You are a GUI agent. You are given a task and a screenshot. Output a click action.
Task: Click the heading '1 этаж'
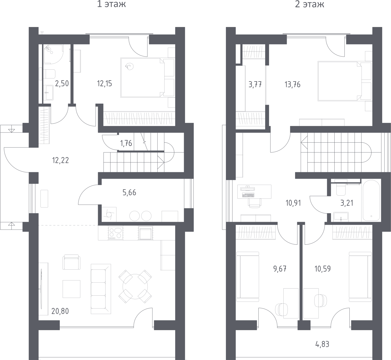point(111,4)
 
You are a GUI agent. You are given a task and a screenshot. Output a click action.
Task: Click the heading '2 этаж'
point(309,4)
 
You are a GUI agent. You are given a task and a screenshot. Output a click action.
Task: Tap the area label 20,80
point(60,311)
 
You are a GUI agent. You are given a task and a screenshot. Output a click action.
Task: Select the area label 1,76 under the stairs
point(126,143)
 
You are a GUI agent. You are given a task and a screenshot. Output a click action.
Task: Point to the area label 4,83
point(322,344)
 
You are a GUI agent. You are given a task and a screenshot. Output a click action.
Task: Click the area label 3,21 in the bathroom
point(347,203)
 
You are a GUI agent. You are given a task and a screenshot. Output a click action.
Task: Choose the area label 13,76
point(292,85)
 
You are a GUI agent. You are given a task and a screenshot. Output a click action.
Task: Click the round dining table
point(135,286)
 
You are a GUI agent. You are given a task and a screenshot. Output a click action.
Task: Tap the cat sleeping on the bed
point(129,66)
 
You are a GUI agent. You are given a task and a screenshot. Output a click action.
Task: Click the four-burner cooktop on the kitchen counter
point(116,233)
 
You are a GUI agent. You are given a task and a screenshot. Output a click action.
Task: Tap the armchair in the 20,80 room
point(71,262)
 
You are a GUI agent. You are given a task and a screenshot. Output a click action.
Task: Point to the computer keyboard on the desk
point(248,195)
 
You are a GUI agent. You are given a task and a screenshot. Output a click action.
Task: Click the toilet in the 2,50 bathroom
point(49,74)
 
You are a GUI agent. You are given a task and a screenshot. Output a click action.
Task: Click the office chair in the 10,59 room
point(321,300)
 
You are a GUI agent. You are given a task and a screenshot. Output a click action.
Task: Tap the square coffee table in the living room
point(71,289)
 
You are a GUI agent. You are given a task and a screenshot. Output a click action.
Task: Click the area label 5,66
point(129,192)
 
